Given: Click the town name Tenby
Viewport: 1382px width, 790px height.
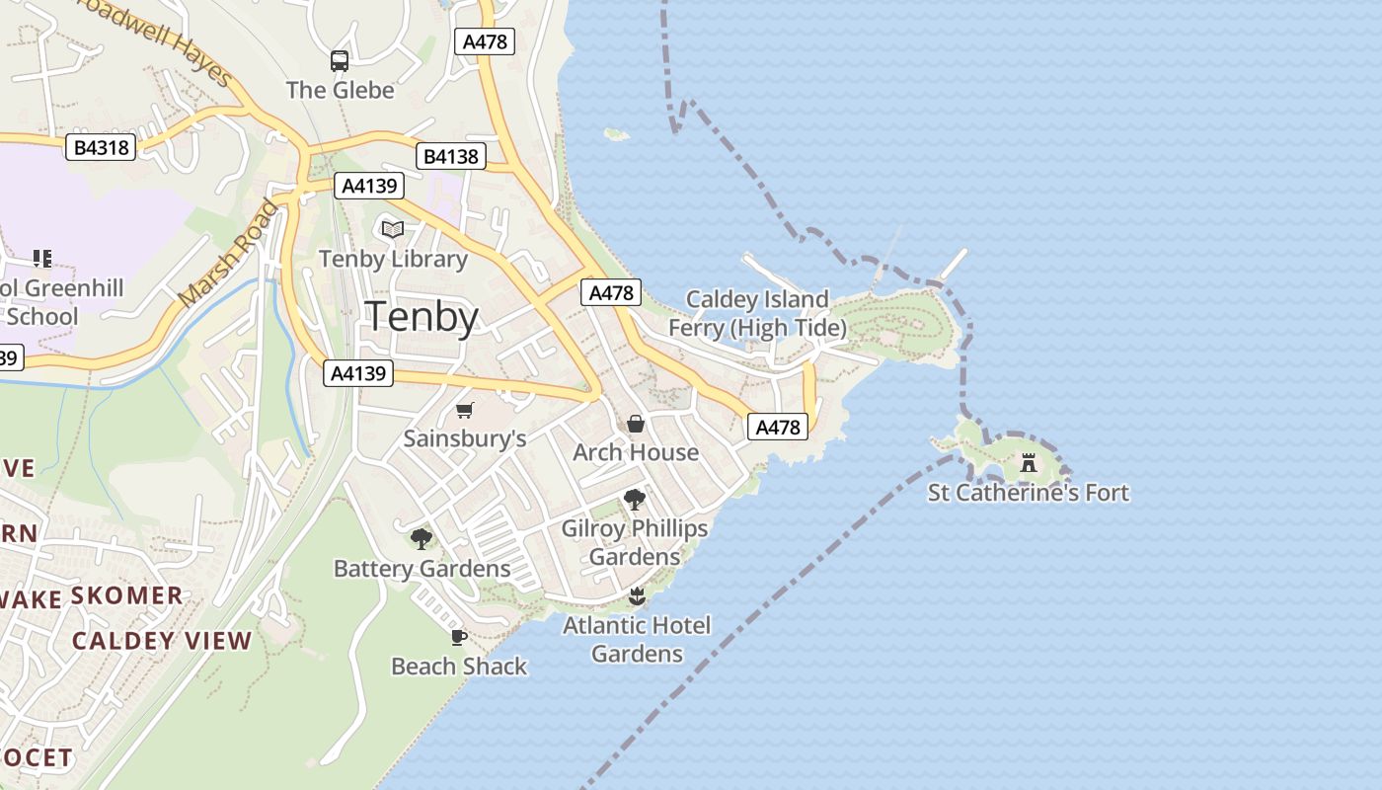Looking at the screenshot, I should [x=422, y=317].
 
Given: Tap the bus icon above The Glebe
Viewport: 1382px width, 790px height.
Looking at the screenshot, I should [x=340, y=60].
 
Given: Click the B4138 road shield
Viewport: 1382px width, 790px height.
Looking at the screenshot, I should [x=450, y=156].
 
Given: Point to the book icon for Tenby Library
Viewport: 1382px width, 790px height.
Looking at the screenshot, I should [x=393, y=229].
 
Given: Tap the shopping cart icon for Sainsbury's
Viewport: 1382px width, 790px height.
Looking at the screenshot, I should [x=465, y=410].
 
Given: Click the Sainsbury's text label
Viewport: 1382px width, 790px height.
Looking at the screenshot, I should [x=465, y=438].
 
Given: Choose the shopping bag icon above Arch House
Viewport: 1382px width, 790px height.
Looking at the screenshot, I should [x=636, y=424].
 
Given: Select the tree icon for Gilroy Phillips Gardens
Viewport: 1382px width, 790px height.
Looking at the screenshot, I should [x=635, y=500].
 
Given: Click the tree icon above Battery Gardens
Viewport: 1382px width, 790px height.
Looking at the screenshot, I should [x=422, y=539].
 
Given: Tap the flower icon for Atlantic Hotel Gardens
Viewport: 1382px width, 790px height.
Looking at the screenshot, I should [x=637, y=596].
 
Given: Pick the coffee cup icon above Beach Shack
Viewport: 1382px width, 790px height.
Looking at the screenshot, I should [x=458, y=637].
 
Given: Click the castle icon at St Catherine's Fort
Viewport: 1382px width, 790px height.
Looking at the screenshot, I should [x=1029, y=463].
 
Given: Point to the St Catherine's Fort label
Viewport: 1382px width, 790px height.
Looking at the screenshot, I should [x=1029, y=492].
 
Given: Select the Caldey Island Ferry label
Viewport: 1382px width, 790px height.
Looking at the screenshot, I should [x=757, y=313].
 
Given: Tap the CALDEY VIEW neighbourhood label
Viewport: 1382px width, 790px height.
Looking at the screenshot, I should [x=162, y=641].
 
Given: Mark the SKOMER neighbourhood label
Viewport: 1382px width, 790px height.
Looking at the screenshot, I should [x=127, y=595].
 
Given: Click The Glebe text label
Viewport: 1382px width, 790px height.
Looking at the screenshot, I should [x=340, y=90].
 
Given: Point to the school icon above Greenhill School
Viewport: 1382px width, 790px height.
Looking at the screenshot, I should [x=41, y=259].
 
